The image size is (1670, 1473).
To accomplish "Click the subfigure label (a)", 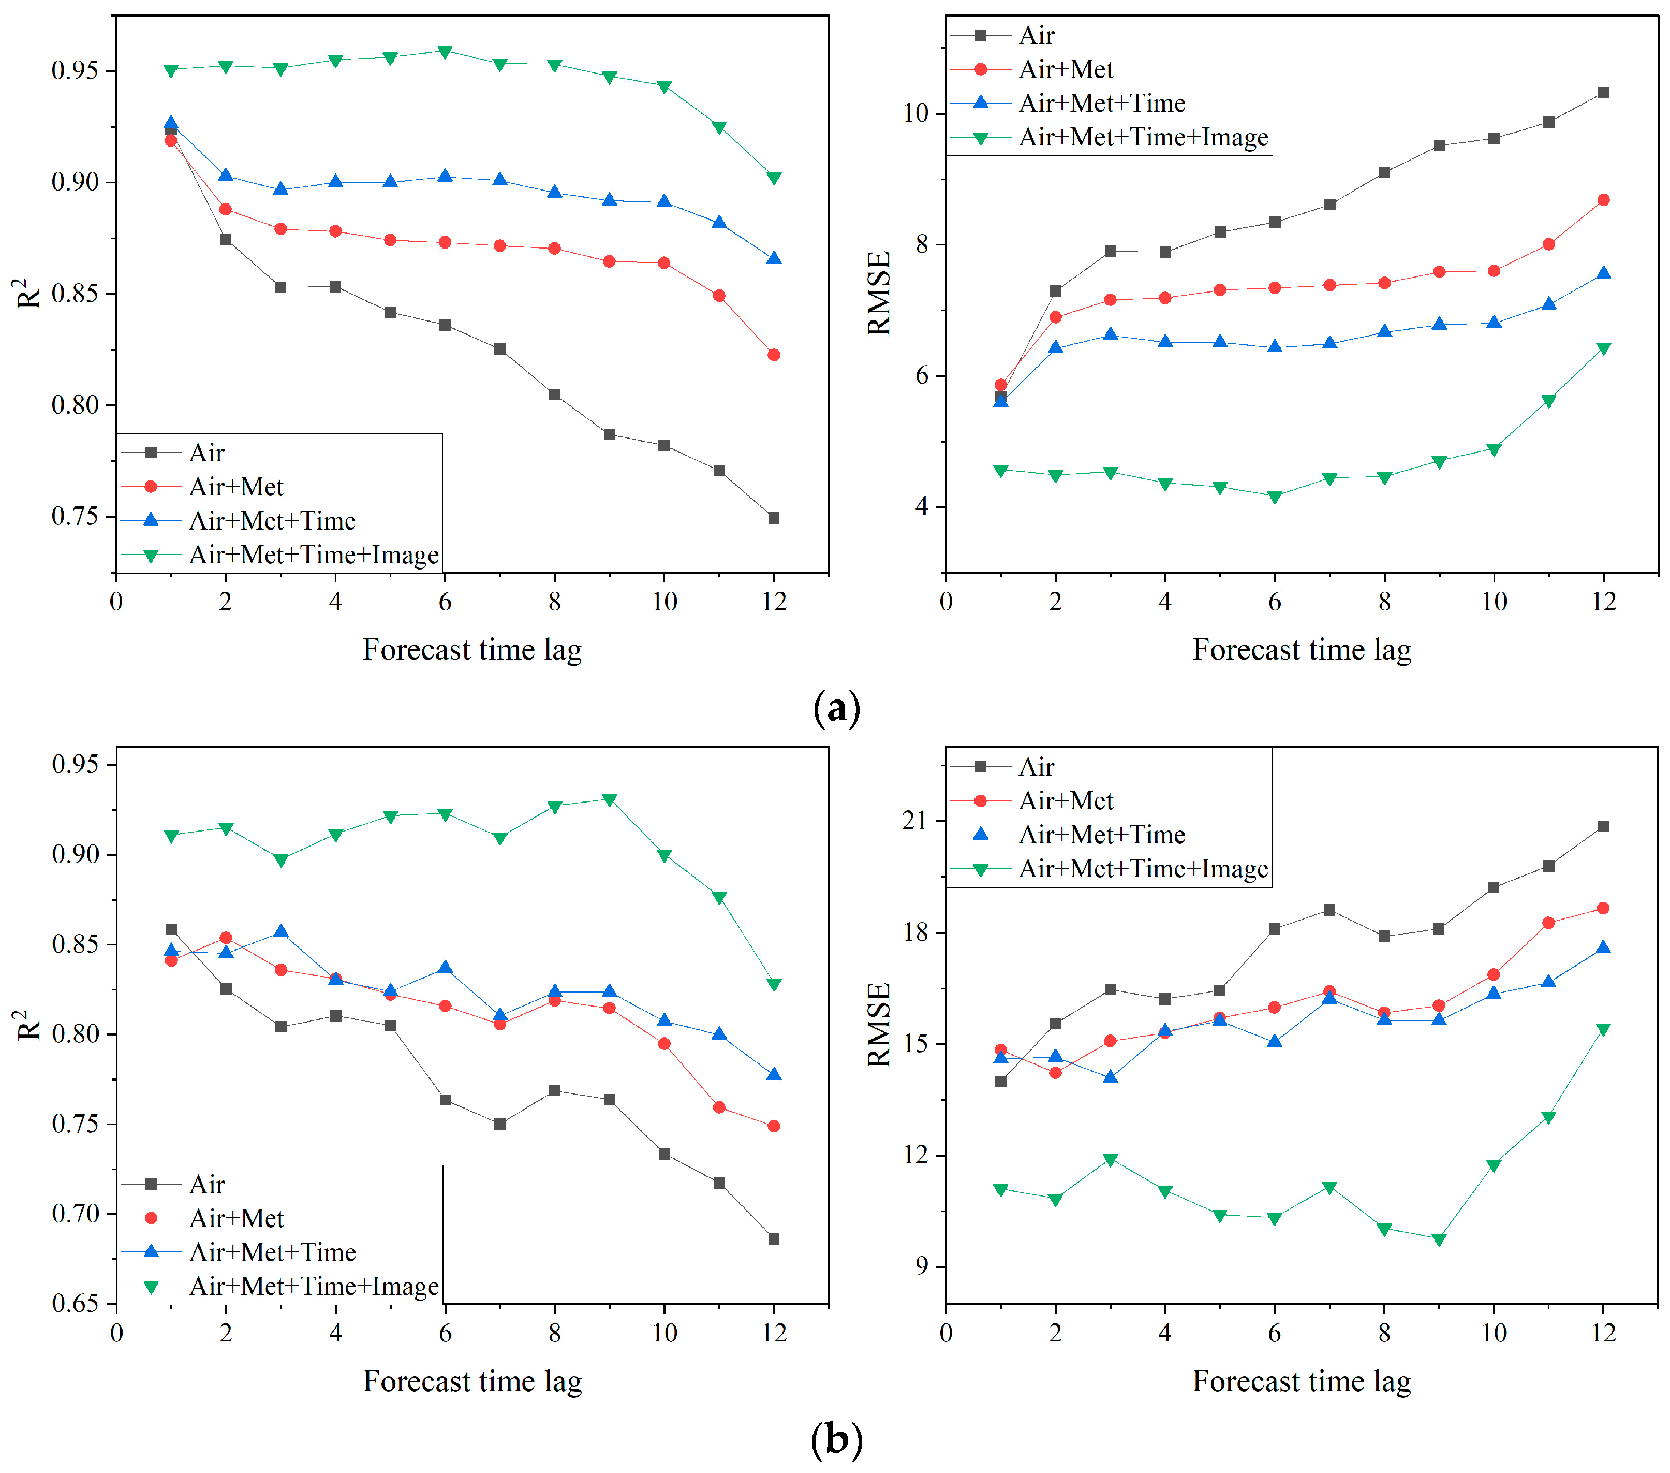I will point(837,708).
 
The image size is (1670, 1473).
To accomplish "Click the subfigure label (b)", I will point(837,1439).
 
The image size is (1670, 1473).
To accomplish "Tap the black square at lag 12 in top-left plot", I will point(774,518).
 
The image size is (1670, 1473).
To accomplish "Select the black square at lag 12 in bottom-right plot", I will point(1603,826).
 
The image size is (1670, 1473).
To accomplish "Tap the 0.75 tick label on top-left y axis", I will point(75,517).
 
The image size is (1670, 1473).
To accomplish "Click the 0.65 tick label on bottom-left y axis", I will point(75,1303).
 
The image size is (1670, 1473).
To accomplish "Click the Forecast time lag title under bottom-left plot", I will point(472,1381).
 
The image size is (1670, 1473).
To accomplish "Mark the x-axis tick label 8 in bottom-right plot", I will point(1384,1333).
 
